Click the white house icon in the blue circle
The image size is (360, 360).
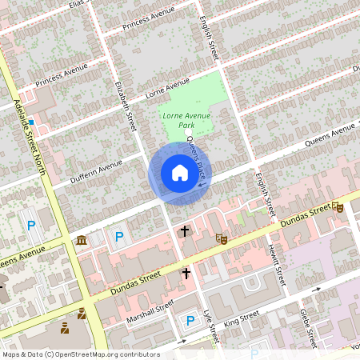pyautogui.click(x=179, y=173)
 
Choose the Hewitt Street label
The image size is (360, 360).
pyautogui.click(x=276, y=265)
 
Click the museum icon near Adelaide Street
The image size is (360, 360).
pyautogui.click(x=82, y=241)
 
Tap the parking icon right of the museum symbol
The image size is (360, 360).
pyautogui.click(x=119, y=237)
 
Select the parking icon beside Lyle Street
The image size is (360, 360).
pyautogui.click(x=190, y=321)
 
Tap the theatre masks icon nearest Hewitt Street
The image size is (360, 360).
pyautogui.click(x=222, y=238)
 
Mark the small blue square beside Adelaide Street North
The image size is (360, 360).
pyautogui.click(x=30, y=122)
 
